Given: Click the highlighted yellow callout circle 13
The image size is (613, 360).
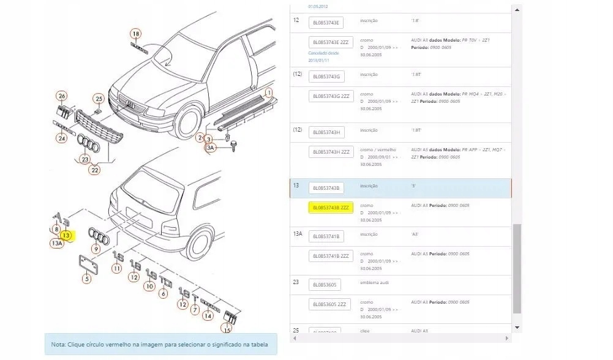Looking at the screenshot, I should point(66,234).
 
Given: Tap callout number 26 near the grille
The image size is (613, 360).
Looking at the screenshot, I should point(61,96).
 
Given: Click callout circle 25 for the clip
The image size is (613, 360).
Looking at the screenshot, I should point(99,99).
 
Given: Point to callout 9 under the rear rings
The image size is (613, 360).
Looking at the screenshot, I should point(96,249).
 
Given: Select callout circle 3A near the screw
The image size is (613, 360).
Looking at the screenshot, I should point(210,148).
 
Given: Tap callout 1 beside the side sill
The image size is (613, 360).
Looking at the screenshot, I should point(268,92).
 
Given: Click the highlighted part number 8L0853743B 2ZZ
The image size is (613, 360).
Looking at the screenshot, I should point(331,208).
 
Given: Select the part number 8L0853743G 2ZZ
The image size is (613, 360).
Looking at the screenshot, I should point(331,96).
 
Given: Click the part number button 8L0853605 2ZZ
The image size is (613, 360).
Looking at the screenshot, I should point(331,304).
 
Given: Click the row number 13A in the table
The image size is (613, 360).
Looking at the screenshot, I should point(297,234).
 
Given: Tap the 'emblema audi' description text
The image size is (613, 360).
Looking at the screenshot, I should point(375,282).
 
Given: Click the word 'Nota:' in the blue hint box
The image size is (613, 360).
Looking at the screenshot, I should point(58,345).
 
